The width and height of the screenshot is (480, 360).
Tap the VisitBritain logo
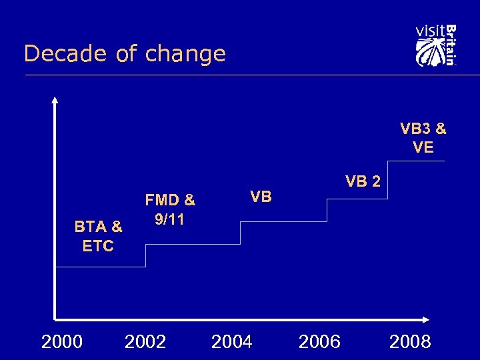tap(435, 45)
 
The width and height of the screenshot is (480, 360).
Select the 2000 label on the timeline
tap(62, 342)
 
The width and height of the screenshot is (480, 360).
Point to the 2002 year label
tap(145, 342)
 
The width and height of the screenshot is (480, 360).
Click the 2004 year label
tap(231, 342)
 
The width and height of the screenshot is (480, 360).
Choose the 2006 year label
tap(319, 342)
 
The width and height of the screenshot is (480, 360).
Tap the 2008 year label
tap(410, 342)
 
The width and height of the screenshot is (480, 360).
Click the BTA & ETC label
tap(98, 236)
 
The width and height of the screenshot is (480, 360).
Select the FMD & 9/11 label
tap(170, 209)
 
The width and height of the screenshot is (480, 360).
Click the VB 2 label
tap(363, 181)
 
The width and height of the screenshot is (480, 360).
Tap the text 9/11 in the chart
tap(169, 219)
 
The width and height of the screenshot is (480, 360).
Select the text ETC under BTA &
tap(98, 245)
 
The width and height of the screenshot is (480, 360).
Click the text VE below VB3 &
tap(423, 147)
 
